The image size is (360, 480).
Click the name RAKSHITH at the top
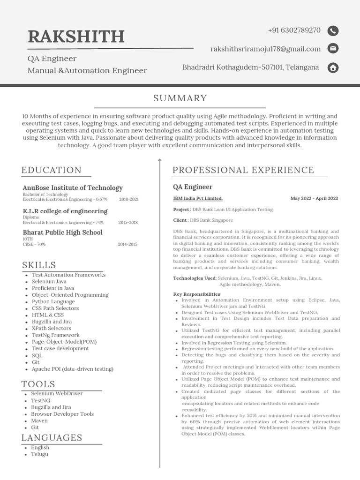point(76,36)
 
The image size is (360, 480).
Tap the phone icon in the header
point(333,31)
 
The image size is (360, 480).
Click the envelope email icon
point(333,48)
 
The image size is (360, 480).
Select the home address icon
point(333,67)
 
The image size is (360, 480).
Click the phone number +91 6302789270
point(294,30)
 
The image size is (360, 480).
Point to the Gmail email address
point(266,49)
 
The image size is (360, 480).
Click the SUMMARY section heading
point(180,98)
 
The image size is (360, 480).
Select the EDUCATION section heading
point(52,170)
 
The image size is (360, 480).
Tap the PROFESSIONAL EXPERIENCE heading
point(243,170)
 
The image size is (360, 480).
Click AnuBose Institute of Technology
point(73,187)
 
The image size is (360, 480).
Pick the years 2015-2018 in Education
point(128,223)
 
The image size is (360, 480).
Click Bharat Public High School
point(62,232)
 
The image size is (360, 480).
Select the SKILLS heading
point(38,265)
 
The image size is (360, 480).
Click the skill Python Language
point(53,301)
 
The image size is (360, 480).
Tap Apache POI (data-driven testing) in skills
point(73,369)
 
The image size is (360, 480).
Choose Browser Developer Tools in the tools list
point(62,414)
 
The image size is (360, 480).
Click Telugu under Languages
point(40,454)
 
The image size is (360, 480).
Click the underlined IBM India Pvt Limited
point(198,198)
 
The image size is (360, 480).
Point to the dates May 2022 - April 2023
point(314,198)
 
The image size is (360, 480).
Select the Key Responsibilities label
point(196,294)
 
